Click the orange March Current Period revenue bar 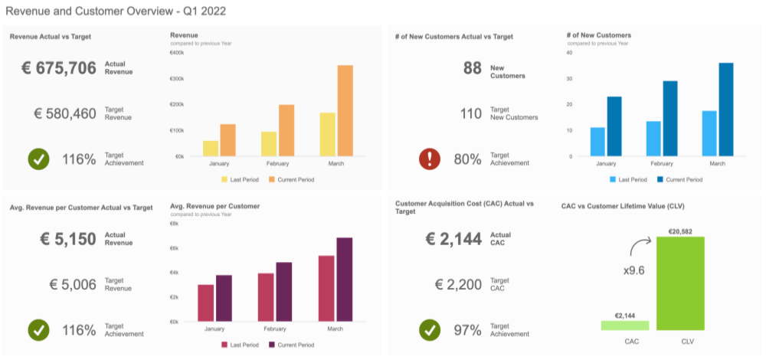pos(345,111)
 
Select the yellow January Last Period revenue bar pos(211,149)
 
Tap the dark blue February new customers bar pos(670,119)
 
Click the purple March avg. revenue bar pos(345,280)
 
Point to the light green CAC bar pos(624,326)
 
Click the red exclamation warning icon pos(430,159)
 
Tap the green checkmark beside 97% pos(430,330)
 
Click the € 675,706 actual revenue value pos(59,68)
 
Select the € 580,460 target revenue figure pos(65,114)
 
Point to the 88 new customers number pos(472,68)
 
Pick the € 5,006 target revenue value pos(73,285)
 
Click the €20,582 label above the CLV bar pos(679,231)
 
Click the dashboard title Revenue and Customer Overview pos(115,11)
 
